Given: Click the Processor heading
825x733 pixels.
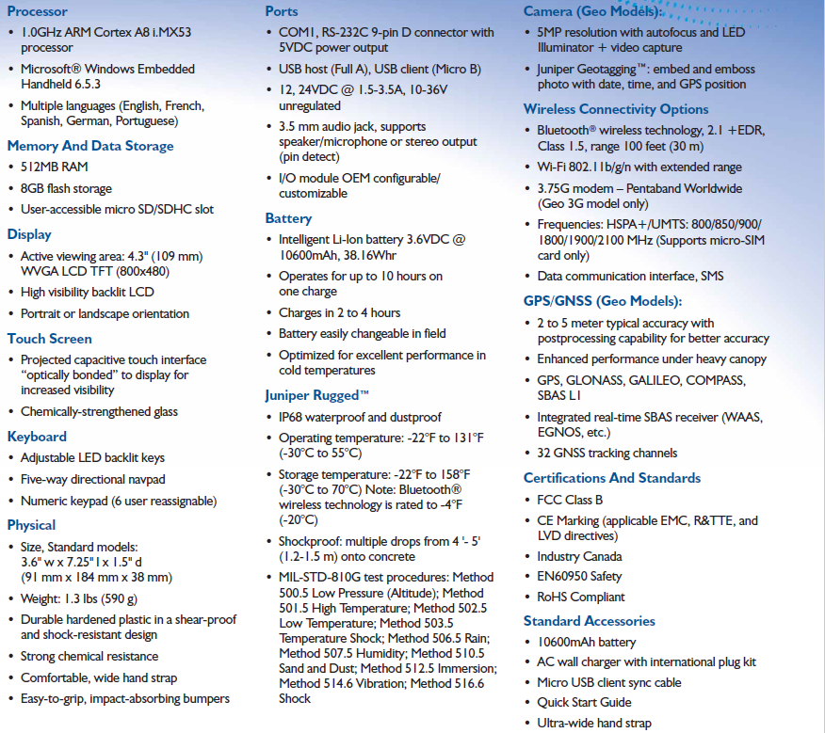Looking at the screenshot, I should [38, 11].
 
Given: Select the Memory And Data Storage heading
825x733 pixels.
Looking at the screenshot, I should [90, 146].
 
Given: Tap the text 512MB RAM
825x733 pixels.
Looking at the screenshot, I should [55, 167].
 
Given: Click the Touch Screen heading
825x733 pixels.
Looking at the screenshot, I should [50, 339].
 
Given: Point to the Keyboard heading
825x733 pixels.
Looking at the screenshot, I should [37, 437].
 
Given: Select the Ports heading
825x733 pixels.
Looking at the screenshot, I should [282, 11].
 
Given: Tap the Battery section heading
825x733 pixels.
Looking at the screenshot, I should [288, 218].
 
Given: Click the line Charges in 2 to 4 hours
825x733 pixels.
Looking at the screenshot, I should [339, 312].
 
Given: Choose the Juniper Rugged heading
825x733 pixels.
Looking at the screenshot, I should [317, 395].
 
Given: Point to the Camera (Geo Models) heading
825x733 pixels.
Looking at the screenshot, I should [592, 11].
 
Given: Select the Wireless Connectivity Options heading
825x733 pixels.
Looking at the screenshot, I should [616, 109].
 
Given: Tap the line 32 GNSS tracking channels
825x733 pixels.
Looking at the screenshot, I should [607, 453].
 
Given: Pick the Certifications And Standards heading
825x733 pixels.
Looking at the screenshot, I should [612, 478].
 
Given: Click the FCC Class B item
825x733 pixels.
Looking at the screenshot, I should [570, 500].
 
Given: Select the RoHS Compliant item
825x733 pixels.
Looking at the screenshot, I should [580, 597].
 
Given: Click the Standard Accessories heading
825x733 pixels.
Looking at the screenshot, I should [589, 621].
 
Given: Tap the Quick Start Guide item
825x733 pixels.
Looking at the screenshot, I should [584, 702].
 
